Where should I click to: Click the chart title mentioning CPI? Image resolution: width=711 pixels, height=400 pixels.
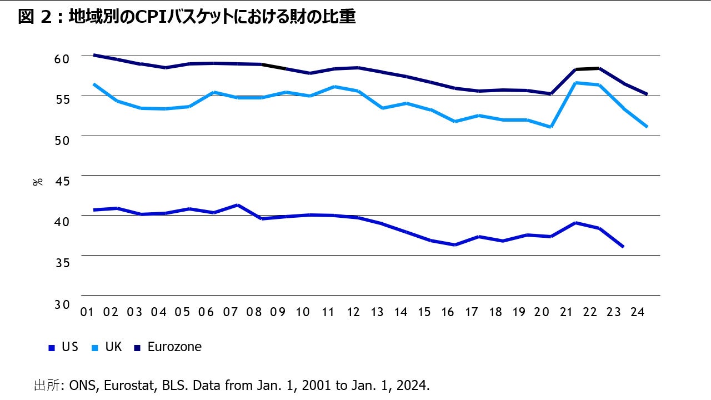click(x=187, y=17)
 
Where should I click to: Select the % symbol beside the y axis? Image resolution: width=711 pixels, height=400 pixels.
click(x=38, y=181)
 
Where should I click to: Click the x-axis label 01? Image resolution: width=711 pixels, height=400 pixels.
click(x=87, y=312)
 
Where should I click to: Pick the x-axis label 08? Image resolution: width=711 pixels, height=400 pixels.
click(x=254, y=312)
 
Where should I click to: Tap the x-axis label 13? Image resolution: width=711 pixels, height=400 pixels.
click(x=377, y=312)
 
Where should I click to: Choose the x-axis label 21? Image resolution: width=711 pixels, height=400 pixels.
click(x=566, y=312)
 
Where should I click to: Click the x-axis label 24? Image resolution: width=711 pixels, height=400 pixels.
click(x=638, y=312)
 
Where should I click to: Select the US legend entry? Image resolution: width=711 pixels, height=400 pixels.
click(x=63, y=347)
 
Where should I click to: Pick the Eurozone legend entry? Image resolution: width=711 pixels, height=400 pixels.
click(x=167, y=347)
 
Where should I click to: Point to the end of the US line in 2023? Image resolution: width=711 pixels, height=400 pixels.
click(x=623, y=247)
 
